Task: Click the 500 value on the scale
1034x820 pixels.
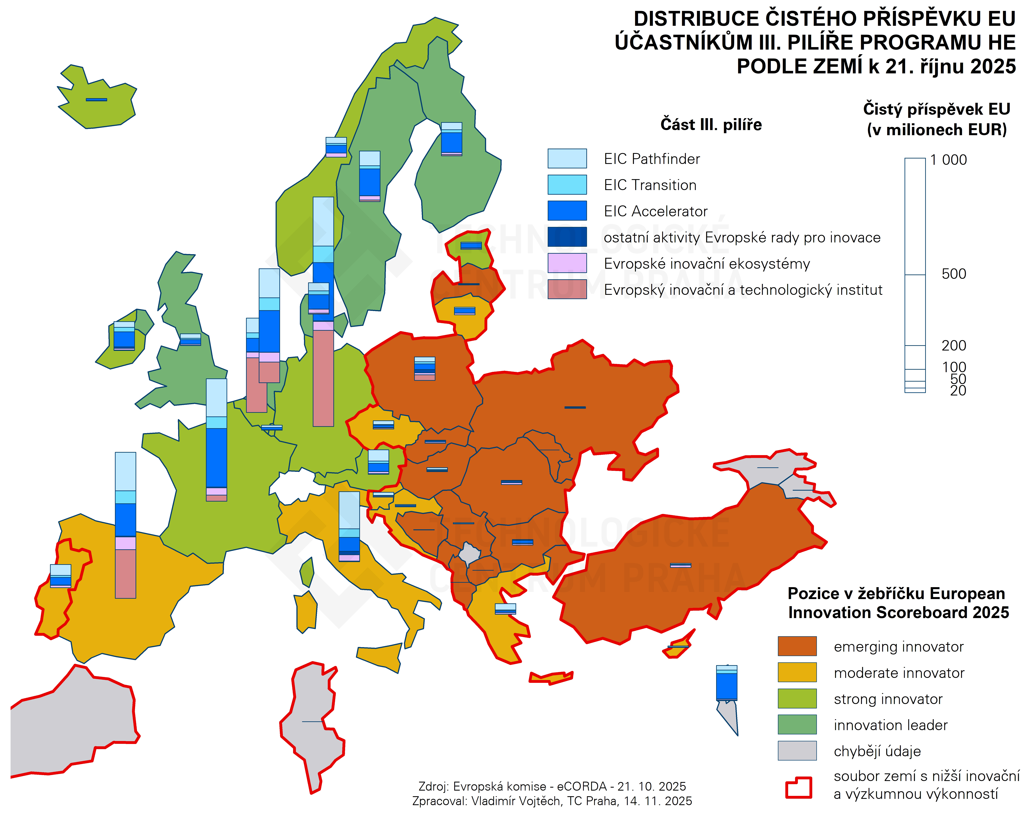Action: (953, 274)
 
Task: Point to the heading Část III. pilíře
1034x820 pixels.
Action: (711, 125)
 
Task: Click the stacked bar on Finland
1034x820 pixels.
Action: (451, 139)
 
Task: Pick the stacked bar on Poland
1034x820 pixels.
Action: (424, 369)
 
